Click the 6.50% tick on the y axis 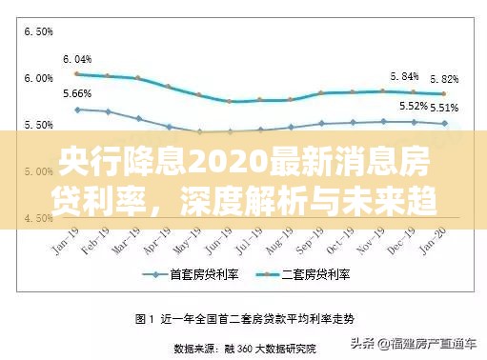click(38, 31)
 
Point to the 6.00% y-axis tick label click(38, 78)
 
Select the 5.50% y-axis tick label click(38, 125)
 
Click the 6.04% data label click(77, 58)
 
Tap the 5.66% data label click(77, 93)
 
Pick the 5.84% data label click(405, 75)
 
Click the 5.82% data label click(444, 78)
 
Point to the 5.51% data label click(444, 108)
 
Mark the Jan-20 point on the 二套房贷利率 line click(443, 93)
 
